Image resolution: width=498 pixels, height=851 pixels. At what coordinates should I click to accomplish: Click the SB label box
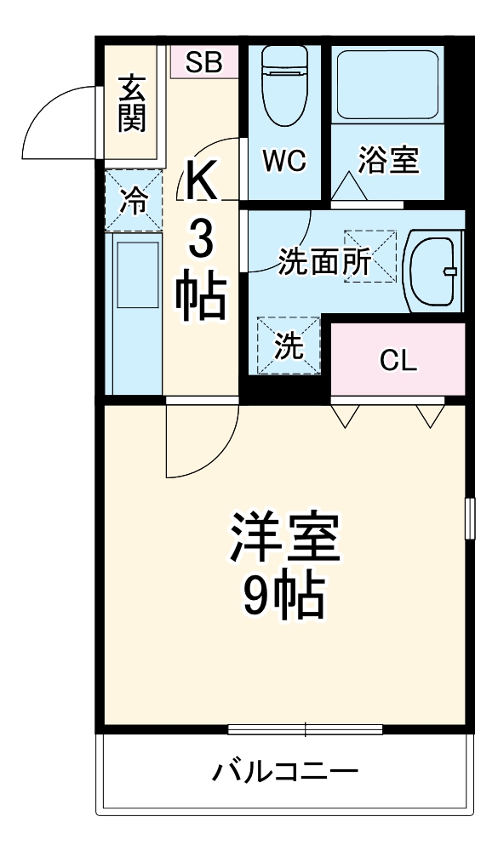pos(204,61)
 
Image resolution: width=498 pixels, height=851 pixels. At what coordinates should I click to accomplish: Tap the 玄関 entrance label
pos(132,104)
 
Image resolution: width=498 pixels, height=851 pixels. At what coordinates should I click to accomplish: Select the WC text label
pos(283,161)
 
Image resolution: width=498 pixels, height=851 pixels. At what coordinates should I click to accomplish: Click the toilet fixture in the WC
pos(283,85)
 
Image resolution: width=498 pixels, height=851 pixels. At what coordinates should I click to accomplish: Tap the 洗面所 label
pos(324,263)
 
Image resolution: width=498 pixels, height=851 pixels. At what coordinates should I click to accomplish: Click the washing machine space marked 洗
pos(288,346)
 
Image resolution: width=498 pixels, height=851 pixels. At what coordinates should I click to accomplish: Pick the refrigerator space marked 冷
pos(133,201)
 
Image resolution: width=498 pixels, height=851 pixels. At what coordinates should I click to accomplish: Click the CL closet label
pos(398,362)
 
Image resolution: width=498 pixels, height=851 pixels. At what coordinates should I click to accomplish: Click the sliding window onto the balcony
pos(305,729)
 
